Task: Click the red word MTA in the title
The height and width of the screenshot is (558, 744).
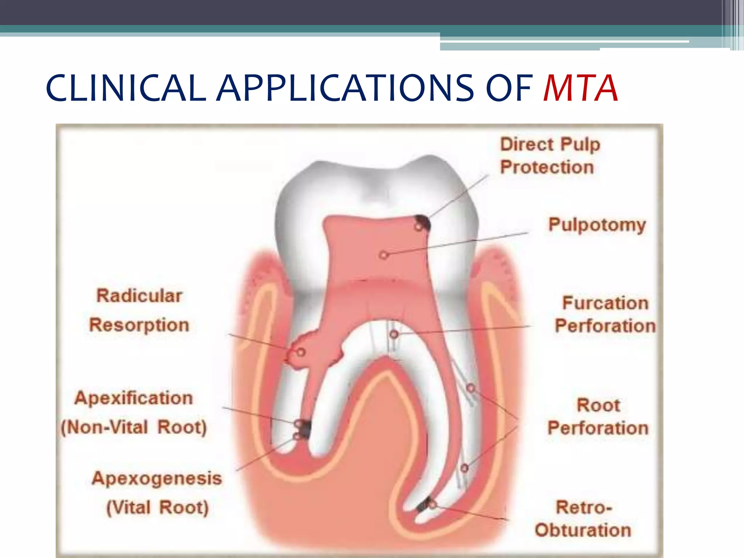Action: pos(580,88)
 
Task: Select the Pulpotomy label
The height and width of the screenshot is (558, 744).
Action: pos(597,225)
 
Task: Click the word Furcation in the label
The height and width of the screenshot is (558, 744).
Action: pos(605,303)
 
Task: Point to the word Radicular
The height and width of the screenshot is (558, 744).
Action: pos(139,296)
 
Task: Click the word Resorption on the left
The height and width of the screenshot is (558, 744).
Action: pos(139,325)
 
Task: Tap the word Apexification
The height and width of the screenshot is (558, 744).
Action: pos(133,398)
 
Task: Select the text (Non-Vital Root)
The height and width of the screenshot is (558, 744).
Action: pos(133,427)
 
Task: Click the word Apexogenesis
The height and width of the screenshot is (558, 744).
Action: pos(157,478)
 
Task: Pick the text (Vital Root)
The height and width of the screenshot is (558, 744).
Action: pos(157,508)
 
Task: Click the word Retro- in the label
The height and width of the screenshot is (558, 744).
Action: pos(584,508)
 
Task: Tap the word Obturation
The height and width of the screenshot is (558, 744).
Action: pos(583,530)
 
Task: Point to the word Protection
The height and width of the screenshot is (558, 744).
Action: pos(547,167)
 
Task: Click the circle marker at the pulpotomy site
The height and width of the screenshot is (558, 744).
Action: pos(384,255)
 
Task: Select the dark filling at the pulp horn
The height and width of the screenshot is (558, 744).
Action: pos(424,222)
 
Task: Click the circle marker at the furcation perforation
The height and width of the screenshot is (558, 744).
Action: pos(394,334)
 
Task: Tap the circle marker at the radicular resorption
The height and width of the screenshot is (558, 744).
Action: pos(301,352)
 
